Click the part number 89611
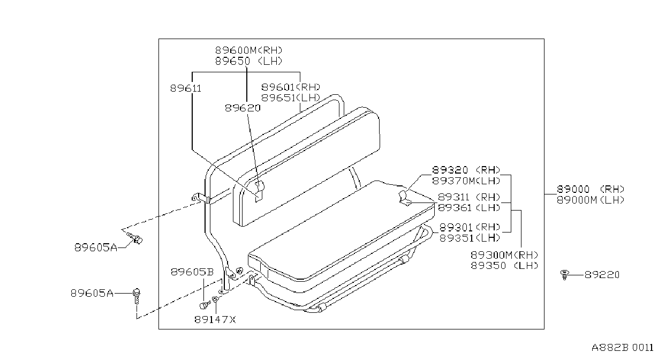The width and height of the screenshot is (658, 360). [x=186, y=88]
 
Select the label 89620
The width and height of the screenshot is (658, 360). [x=243, y=108]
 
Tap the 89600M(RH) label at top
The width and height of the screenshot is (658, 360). [x=249, y=50]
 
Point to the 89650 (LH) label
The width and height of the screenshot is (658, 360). [x=249, y=61]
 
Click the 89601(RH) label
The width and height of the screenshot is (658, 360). [x=291, y=87]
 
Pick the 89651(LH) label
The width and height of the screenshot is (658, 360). [x=291, y=97]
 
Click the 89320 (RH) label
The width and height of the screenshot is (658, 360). [x=466, y=170]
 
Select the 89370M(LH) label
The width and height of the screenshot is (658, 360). [x=466, y=181]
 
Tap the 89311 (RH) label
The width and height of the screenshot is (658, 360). [x=469, y=197]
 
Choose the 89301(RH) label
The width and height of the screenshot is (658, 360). [x=470, y=227]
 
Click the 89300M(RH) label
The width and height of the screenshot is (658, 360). [x=505, y=254]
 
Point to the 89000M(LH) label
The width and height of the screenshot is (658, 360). [x=591, y=200]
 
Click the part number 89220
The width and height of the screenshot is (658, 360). [x=602, y=275]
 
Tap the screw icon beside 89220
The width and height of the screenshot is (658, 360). [x=564, y=275]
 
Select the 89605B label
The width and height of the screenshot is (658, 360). [x=192, y=272]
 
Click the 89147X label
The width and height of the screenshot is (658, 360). [x=215, y=319]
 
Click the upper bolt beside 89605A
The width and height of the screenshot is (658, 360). [x=135, y=238]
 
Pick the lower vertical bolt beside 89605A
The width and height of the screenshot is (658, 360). [x=137, y=296]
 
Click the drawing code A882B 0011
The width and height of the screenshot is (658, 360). [x=623, y=348]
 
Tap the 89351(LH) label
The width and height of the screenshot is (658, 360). [x=470, y=238]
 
